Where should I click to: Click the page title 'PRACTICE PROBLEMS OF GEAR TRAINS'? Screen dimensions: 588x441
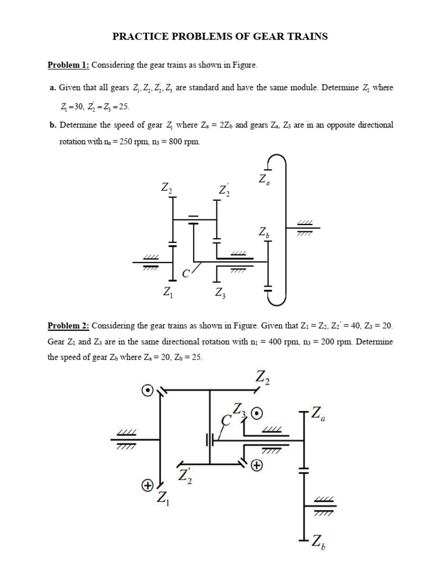click(x=220, y=37)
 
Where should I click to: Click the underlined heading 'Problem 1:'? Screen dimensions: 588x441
click(x=68, y=65)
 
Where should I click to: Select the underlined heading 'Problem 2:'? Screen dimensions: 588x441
click(x=68, y=326)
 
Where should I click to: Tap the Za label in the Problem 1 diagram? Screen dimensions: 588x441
click(x=264, y=179)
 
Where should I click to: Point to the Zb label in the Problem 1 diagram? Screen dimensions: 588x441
click(x=264, y=233)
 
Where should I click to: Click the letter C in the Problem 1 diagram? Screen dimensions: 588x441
click(x=185, y=274)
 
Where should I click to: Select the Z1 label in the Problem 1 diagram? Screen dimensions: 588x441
click(x=168, y=293)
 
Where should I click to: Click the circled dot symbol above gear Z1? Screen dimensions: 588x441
click(x=148, y=391)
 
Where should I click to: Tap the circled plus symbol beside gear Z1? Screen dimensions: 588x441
click(x=148, y=486)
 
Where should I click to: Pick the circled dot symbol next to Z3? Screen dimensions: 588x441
click(x=257, y=413)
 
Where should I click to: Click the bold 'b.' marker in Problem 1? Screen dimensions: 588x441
click(x=53, y=125)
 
